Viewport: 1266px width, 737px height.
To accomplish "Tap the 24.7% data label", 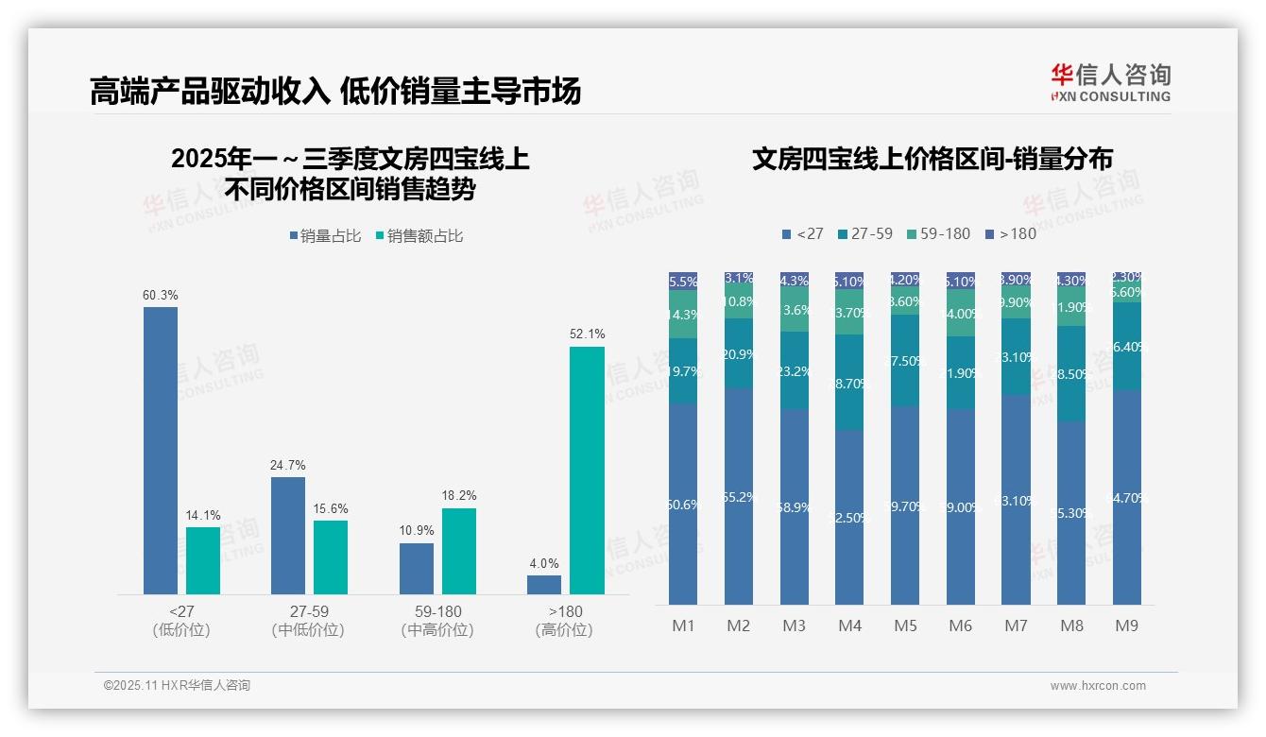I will point(288,466).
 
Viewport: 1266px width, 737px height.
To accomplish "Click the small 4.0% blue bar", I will point(544,584).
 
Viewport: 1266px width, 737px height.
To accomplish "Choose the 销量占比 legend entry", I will point(325,236).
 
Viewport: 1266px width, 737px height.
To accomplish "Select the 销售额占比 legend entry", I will point(419,236).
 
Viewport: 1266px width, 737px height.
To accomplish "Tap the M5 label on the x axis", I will point(905,626).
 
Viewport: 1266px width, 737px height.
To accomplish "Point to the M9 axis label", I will point(1126,626).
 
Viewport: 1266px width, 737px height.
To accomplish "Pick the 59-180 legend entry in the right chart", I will point(938,233).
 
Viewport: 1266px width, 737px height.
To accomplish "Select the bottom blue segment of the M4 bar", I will point(849,517).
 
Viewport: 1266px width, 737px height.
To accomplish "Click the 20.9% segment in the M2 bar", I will point(739,353).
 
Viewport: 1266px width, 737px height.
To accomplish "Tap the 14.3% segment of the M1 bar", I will point(683,315).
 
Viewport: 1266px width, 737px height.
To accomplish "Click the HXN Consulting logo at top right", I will point(1111,82).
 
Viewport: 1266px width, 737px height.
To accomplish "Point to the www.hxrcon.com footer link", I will point(1098,686).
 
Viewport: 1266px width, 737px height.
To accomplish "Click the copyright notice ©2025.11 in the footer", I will point(177,686).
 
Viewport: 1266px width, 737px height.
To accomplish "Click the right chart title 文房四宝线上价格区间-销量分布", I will point(932,159).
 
